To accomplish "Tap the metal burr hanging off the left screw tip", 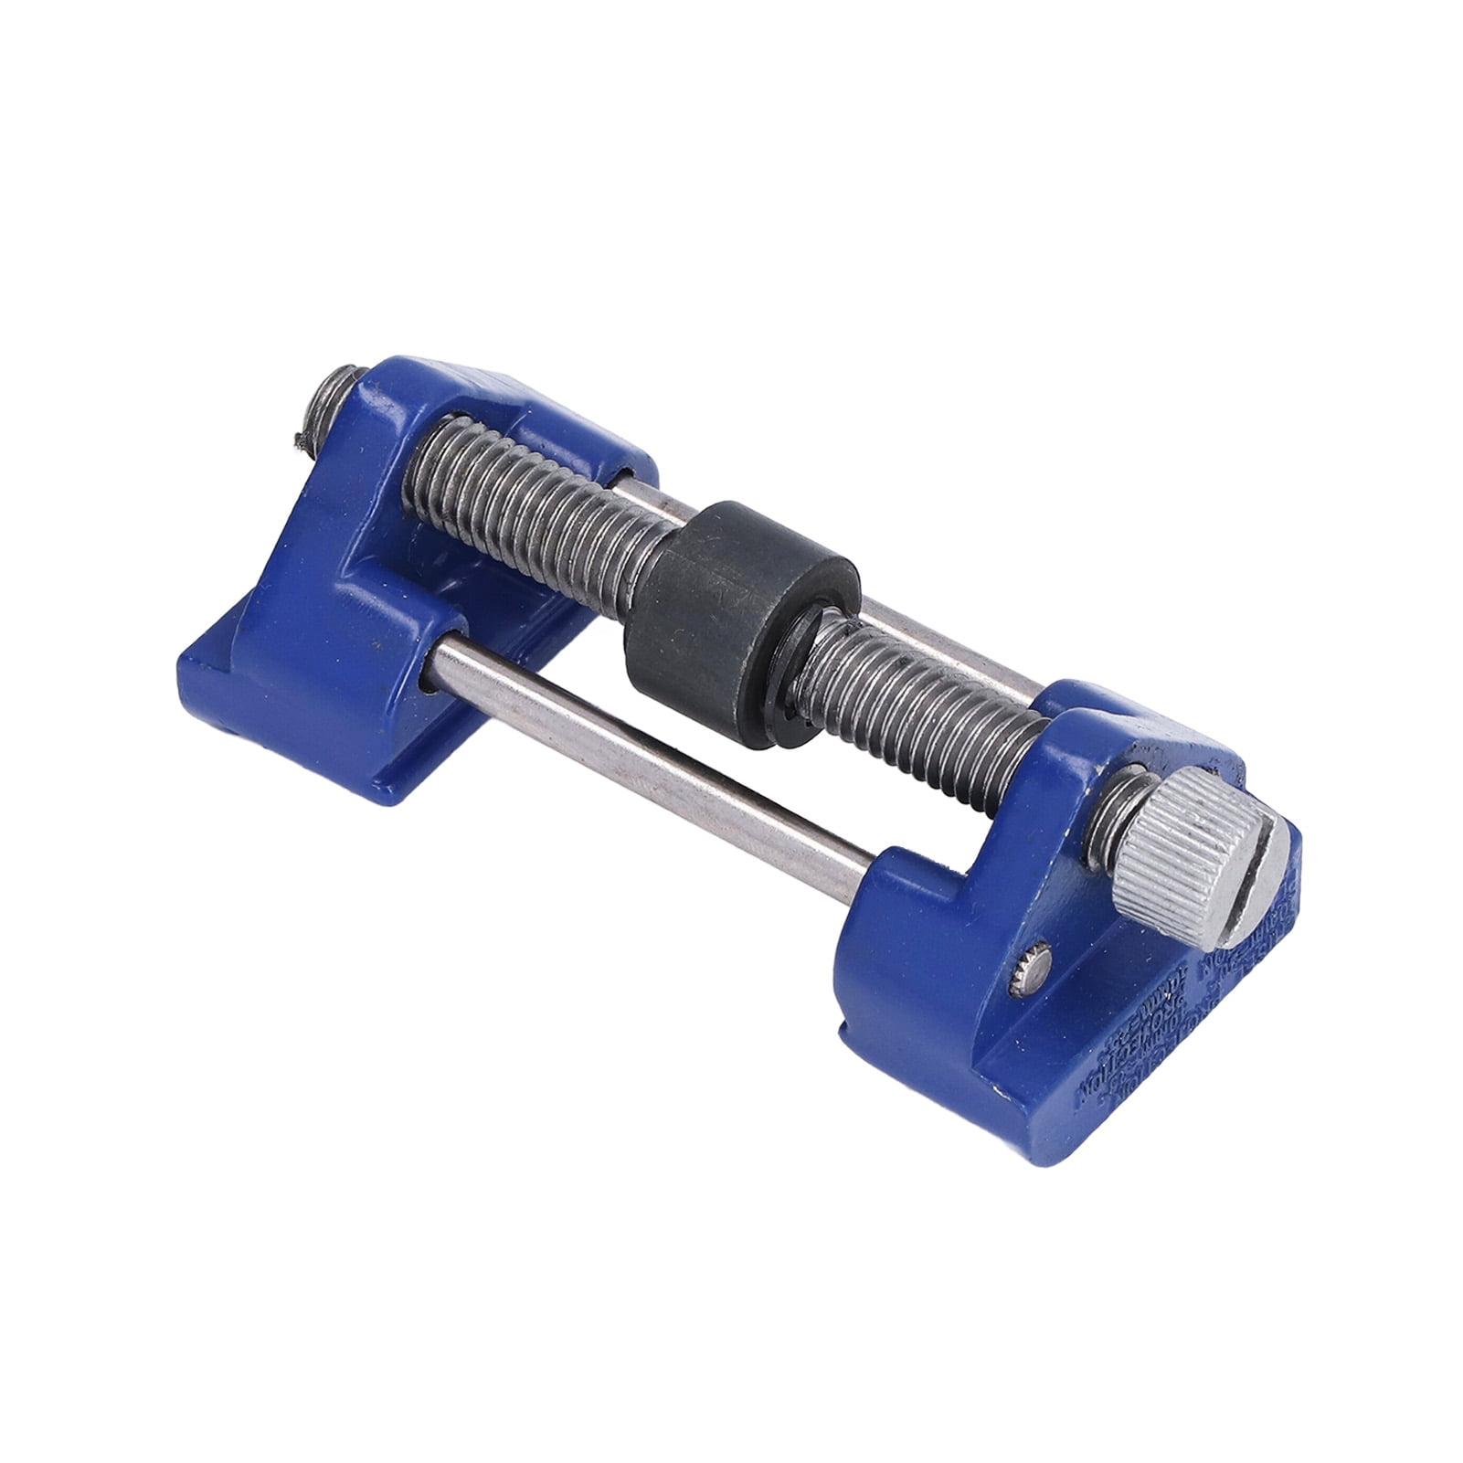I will (300, 439).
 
